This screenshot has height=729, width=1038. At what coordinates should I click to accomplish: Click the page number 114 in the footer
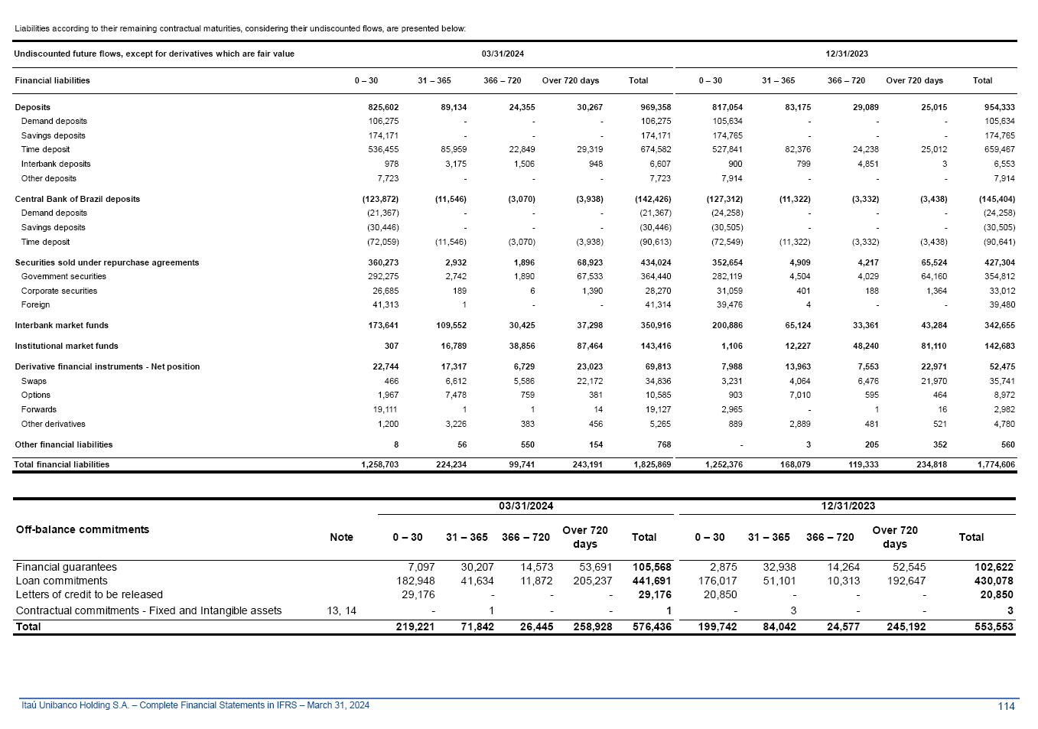click(x=1006, y=706)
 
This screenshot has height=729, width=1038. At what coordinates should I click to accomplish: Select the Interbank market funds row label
click(x=61, y=325)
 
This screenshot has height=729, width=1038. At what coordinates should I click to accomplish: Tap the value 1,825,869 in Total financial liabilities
click(x=652, y=464)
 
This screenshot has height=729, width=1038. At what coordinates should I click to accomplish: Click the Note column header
click(x=341, y=537)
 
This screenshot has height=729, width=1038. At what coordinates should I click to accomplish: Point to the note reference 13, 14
click(x=341, y=610)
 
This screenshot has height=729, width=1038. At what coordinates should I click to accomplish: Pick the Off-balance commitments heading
click(x=83, y=529)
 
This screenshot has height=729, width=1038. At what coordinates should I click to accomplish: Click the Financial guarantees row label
click(x=67, y=567)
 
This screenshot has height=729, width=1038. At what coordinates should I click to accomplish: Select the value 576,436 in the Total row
click(x=652, y=626)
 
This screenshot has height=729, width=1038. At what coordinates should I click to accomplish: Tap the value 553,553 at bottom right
click(x=994, y=626)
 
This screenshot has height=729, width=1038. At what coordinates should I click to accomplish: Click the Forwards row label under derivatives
click(x=39, y=409)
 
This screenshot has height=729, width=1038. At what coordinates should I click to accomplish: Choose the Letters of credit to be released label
click(x=89, y=594)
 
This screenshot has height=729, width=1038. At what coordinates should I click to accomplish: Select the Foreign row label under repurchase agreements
click(x=35, y=304)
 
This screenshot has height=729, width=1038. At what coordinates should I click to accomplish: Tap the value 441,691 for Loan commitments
click(x=652, y=581)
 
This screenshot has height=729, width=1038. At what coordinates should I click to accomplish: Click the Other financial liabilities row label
click(x=63, y=444)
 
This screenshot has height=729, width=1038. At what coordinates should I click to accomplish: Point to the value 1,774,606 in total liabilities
click(x=995, y=464)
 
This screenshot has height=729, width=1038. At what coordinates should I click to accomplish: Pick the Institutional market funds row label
click(x=67, y=346)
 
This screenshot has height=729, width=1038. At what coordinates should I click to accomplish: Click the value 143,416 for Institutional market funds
click(x=656, y=346)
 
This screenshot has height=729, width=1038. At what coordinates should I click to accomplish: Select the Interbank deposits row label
click(x=56, y=164)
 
